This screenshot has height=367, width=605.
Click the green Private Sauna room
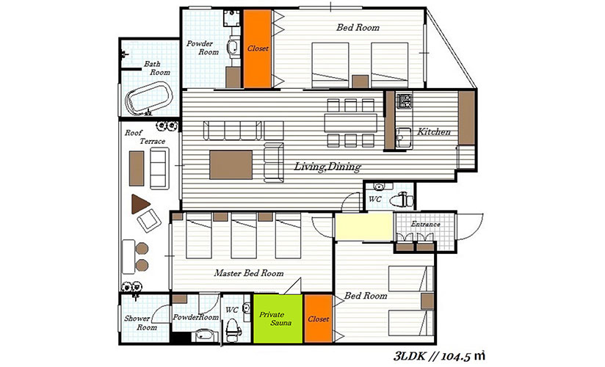(x=278, y=319)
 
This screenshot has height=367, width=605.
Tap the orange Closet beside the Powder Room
(x=258, y=48)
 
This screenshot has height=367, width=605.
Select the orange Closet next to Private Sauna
(x=319, y=319)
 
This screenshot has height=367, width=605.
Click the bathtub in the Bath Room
(x=149, y=98)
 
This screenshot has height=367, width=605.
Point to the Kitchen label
(x=434, y=131)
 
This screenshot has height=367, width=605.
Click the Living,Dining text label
(x=327, y=167)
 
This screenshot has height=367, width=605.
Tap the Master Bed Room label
(x=249, y=273)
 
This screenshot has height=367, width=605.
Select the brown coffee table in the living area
(x=231, y=165)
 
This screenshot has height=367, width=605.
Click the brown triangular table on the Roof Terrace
(x=140, y=204)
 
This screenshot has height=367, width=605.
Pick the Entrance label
(x=425, y=224)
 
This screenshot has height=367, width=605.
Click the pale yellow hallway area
(x=363, y=226)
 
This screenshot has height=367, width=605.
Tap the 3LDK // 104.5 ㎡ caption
(x=439, y=356)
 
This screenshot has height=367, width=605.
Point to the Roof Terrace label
(x=145, y=137)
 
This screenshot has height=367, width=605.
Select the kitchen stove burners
(x=405, y=101)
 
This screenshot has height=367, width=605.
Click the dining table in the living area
(x=351, y=123)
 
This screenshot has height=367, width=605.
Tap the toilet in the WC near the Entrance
(x=402, y=200)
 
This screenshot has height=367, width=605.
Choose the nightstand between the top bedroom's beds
(x=360, y=81)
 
